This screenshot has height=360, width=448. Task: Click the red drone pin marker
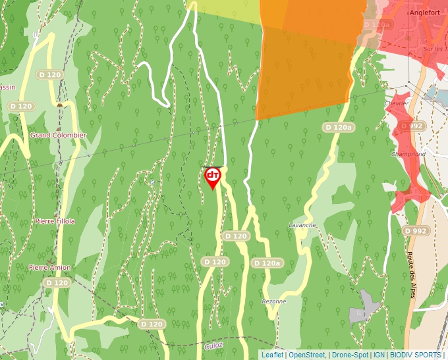pyautogui.click(x=212, y=176)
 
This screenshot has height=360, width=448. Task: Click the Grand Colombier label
pyautogui.click(x=58, y=136)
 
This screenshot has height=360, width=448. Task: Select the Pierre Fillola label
pyautogui.click(x=55, y=222)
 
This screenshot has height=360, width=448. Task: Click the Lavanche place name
pyautogui.click(x=302, y=225)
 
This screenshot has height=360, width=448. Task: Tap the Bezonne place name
pyautogui.click(x=273, y=301)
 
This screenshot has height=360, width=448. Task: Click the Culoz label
pyautogui.click(x=213, y=344)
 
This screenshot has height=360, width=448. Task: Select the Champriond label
pyautogui.click(x=408, y=154)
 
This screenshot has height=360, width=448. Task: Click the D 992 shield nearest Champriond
pyautogui.click(x=416, y=126)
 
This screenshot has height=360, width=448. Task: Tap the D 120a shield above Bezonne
pyautogui.click(x=267, y=263)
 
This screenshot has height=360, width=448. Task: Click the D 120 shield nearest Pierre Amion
pyautogui.click(x=57, y=283)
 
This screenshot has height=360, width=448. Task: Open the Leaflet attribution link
pyautogui.click(x=272, y=355)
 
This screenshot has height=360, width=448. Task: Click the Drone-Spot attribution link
pyautogui.click(x=350, y=355)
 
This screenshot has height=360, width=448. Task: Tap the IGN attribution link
pyautogui.click(x=379, y=355)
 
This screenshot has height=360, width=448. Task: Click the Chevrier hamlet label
pyautogui.click(x=397, y=103)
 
